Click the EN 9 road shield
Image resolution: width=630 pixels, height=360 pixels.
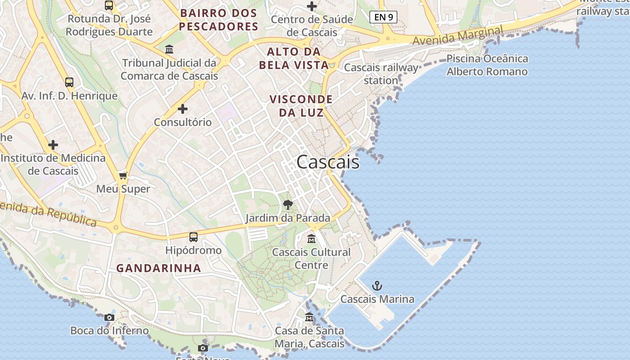[383, 17]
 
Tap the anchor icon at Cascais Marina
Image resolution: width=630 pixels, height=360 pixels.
[377, 285]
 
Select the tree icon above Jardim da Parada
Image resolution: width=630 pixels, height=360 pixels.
[288, 205]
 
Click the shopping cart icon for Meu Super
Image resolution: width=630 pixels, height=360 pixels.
[123, 175]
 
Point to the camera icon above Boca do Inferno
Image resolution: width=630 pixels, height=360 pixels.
[109, 317]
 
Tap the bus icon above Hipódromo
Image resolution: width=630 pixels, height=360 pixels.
[193, 237]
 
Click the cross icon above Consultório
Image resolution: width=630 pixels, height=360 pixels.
[183, 109]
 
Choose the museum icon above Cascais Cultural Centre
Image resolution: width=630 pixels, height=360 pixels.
[311, 238]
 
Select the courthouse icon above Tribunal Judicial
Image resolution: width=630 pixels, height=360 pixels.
[169, 49]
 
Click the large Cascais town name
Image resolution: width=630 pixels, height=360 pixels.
[328, 162]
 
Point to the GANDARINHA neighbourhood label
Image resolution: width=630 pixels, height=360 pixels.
[159, 268]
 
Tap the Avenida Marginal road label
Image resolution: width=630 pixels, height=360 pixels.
[458, 36]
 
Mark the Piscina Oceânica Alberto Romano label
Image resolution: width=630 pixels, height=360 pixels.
[487, 65]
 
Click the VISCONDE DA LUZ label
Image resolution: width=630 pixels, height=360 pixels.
[301, 106]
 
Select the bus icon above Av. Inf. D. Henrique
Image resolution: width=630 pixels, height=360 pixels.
[69, 82]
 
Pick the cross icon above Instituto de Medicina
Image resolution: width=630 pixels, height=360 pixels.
[53, 145]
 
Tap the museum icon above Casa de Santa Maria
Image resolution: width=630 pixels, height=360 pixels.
[309, 317]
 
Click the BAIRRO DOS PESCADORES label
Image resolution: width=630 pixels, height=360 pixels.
[218, 20]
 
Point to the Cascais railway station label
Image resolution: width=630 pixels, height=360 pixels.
[381, 74]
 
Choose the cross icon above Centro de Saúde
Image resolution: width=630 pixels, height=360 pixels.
[312, 6]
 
